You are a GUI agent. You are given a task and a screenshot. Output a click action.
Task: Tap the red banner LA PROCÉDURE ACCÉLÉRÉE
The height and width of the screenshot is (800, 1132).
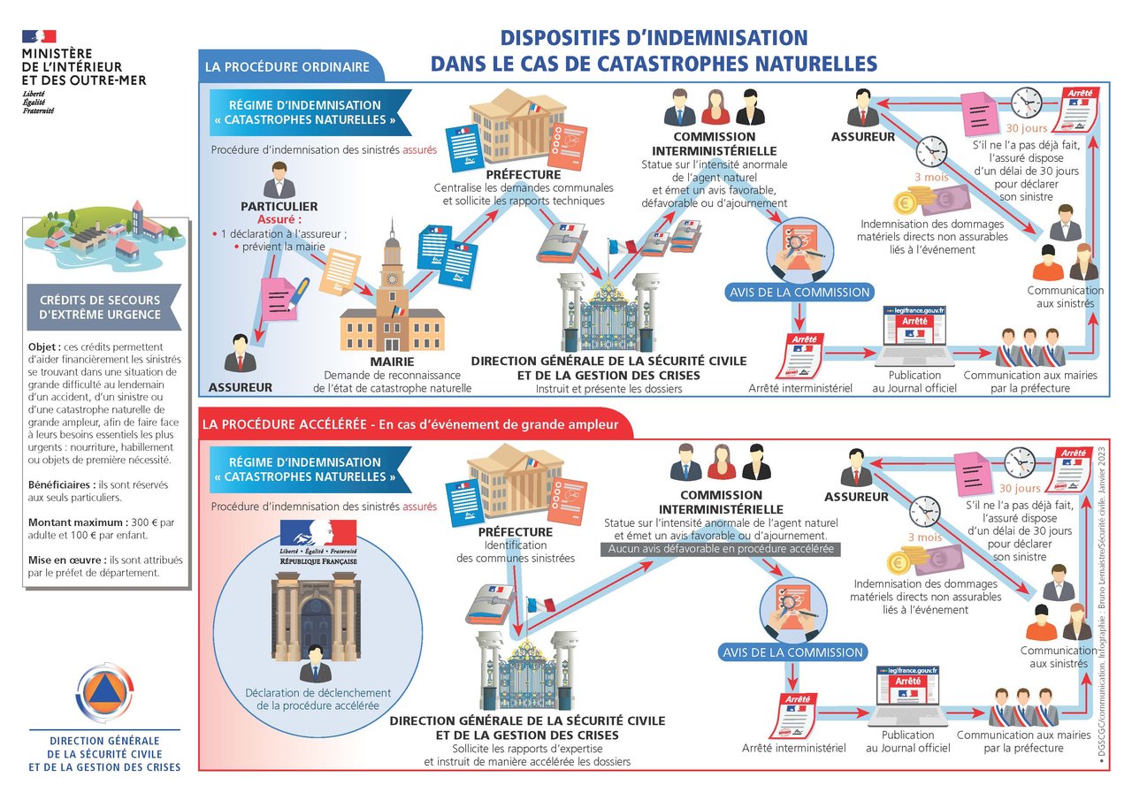pos(410,425)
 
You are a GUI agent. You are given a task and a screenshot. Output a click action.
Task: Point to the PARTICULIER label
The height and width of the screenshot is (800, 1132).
pos(279,207)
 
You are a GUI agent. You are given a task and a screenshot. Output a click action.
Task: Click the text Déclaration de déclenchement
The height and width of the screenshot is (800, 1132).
pos(318,693)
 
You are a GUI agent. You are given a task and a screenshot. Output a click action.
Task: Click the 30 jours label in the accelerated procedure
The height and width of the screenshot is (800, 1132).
pos(1020,488)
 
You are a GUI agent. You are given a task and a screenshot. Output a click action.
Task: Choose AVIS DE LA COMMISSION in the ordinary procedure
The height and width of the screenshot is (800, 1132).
pos(799,293)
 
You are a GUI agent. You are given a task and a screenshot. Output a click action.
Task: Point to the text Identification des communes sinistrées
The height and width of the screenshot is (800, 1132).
pos(516,552)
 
